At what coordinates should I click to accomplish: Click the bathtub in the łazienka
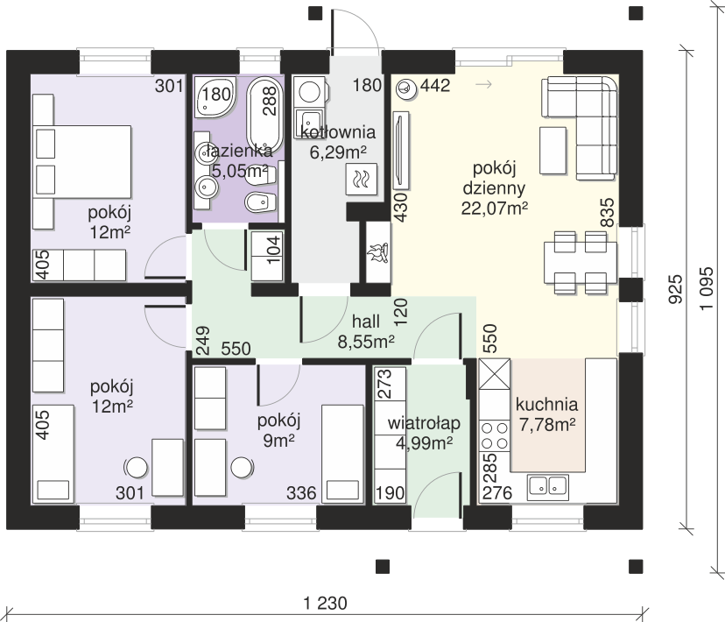point(265,113)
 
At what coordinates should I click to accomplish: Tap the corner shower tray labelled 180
point(215,96)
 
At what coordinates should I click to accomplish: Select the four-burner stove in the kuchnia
point(494,435)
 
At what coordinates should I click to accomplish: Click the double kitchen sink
point(548,486)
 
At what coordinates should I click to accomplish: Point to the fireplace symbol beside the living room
point(379,252)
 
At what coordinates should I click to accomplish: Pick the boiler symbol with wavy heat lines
point(362,179)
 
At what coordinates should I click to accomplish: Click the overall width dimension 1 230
point(325,604)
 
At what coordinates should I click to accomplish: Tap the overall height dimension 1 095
point(706,289)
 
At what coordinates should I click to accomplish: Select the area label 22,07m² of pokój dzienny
point(494,209)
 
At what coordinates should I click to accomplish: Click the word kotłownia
point(338,132)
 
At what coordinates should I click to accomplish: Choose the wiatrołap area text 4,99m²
point(424,443)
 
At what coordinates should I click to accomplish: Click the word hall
point(366,322)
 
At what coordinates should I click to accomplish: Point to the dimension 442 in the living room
point(435,86)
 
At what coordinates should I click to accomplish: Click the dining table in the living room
point(581,262)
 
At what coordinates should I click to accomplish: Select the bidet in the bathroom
point(260,201)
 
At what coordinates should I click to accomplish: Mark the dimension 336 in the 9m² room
point(301,493)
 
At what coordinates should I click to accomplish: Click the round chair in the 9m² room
point(243,468)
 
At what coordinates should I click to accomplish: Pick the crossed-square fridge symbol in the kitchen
point(494,374)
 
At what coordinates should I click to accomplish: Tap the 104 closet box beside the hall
point(267,256)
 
